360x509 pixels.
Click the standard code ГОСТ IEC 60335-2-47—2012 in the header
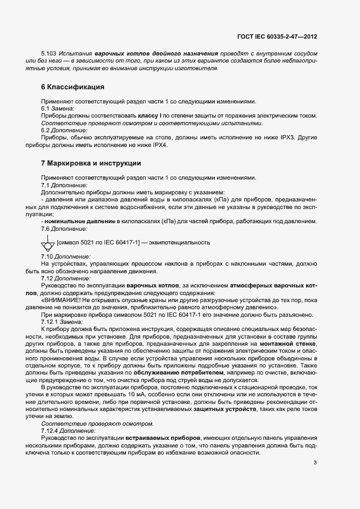tap(277, 37)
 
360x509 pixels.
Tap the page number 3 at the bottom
tap(315, 463)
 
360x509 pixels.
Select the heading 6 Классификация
tap(72, 87)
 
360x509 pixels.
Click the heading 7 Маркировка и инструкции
tap(91, 163)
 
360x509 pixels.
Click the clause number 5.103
tap(50, 53)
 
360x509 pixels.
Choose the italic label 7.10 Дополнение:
tap(66, 256)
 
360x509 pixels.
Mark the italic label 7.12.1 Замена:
tap(62, 322)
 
